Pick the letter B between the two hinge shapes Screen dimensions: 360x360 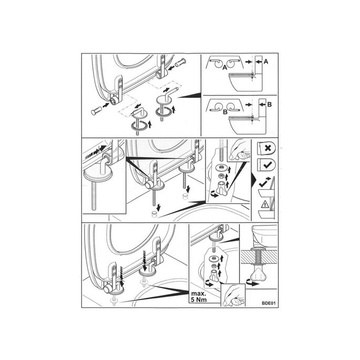pos(225,112)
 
